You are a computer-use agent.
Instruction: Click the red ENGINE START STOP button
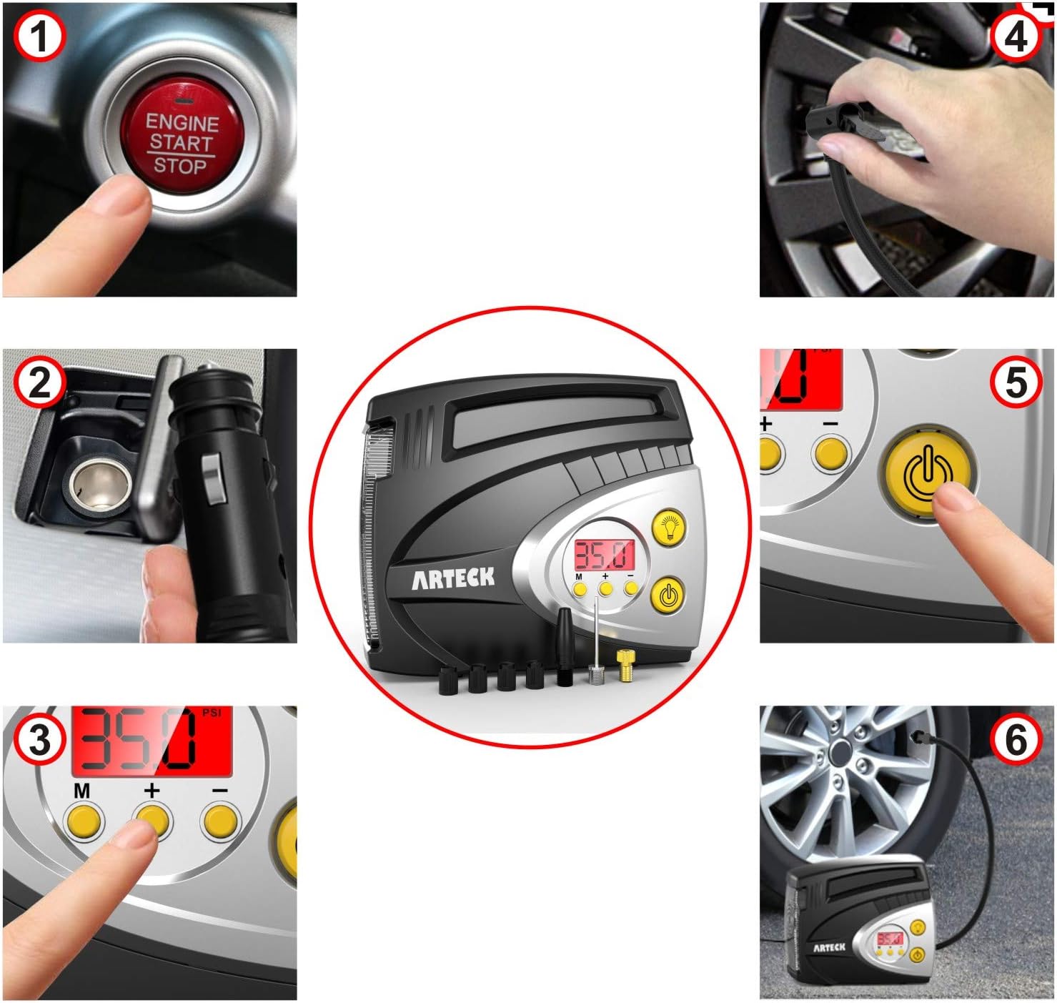tap(182, 136)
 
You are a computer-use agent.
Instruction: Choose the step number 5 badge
tap(1016, 382)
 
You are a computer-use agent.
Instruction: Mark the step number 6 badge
tap(1016, 740)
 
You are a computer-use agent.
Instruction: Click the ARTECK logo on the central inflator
tap(452, 578)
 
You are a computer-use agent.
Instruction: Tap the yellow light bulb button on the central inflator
tap(670, 528)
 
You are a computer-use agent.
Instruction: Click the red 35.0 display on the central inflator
tap(605, 555)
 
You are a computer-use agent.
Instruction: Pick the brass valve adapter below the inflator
tap(625, 666)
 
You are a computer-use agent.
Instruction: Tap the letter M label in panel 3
tap(81, 791)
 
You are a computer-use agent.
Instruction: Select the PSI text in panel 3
tap(212, 713)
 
